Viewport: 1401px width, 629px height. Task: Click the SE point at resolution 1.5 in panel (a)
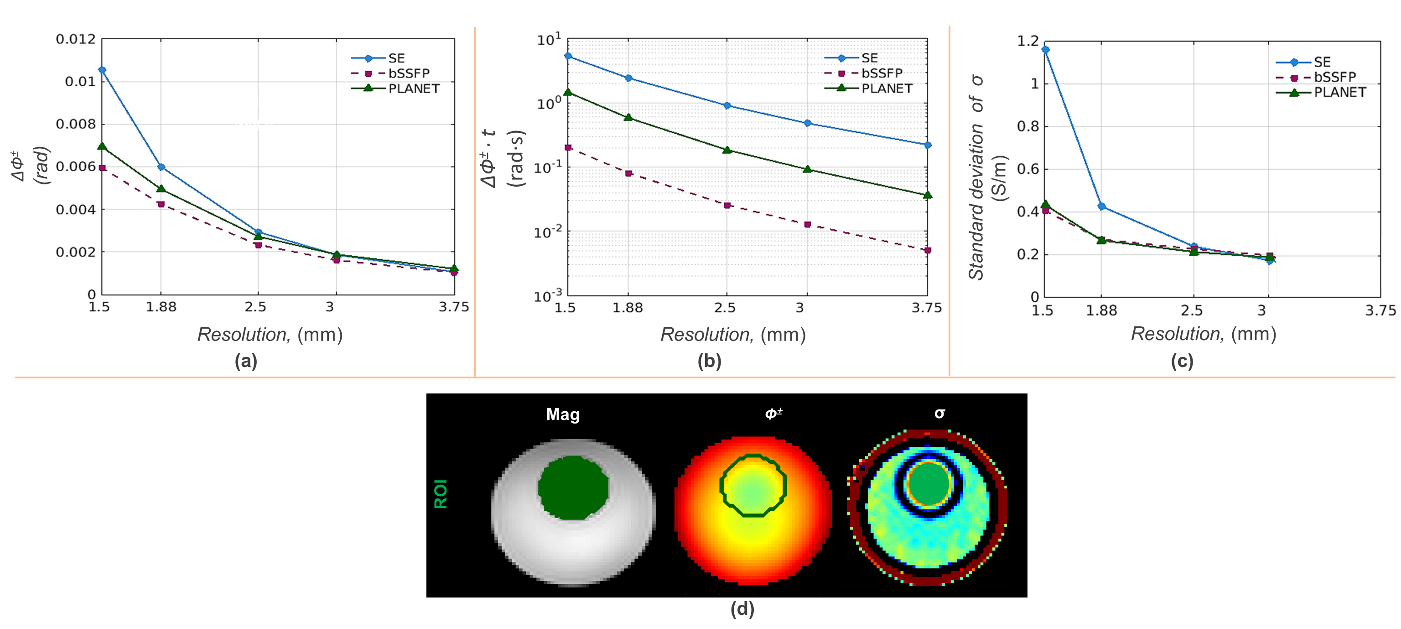click(102, 70)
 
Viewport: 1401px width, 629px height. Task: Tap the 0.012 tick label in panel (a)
click(76, 39)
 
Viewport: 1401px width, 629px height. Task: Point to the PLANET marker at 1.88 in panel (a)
click(161, 189)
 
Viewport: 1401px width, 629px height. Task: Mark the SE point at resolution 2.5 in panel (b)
click(727, 105)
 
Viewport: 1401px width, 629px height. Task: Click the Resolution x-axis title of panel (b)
click(732, 334)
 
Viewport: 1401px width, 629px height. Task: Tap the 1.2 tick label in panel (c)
click(1027, 41)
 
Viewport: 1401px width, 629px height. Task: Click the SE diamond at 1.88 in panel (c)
click(1102, 207)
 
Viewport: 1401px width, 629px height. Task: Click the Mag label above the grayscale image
click(563, 414)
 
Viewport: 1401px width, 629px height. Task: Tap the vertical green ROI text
click(441, 494)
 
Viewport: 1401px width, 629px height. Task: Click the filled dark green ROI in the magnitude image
click(573, 487)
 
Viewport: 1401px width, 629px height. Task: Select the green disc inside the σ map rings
click(929, 484)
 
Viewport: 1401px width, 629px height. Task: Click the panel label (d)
click(742, 609)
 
